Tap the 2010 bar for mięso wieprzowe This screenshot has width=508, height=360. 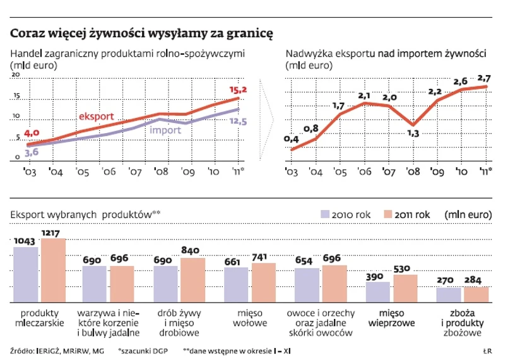(x=379, y=292)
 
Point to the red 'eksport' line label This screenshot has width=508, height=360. (x=97, y=117)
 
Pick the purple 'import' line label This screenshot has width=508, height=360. (x=165, y=130)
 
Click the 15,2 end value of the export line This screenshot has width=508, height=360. (x=238, y=90)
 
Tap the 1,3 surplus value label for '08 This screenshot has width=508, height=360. (x=413, y=134)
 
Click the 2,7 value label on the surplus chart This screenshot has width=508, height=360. (x=484, y=78)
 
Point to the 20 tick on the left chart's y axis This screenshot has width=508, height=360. (x=16, y=75)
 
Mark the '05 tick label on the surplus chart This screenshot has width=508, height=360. (x=340, y=171)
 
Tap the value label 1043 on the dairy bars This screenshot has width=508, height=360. (x=26, y=240)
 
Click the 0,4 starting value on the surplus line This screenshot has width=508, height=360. (x=292, y=139)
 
